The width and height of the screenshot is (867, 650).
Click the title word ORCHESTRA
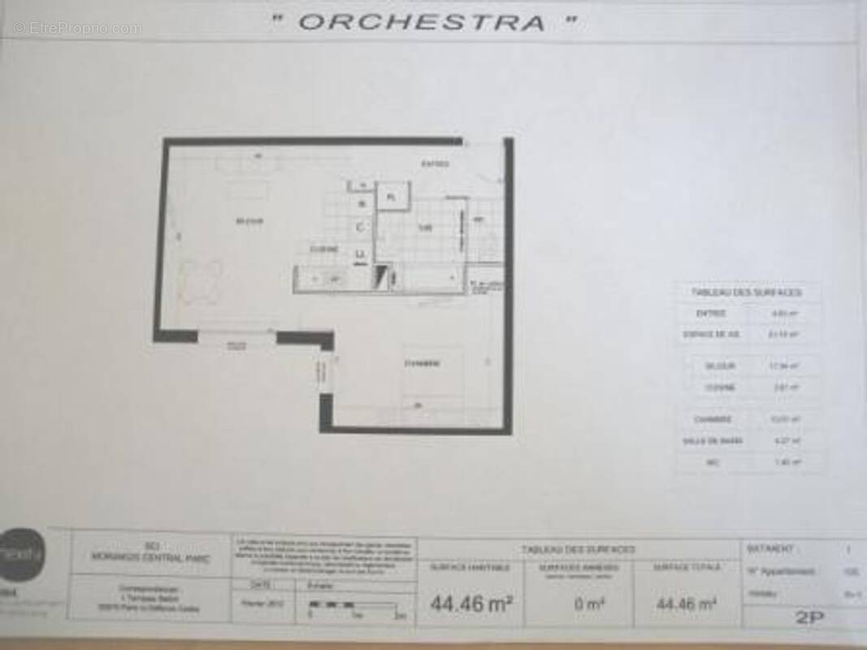point(422,22)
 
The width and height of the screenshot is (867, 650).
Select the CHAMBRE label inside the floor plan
point(422,364)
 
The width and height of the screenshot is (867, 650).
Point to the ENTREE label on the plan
point(435,164)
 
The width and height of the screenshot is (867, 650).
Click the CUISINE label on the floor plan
point(323,249)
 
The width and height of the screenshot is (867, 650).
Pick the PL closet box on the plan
point(391,197)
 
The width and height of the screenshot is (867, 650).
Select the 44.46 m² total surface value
point(686,604)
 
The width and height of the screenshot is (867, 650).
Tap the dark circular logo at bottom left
point(22,555)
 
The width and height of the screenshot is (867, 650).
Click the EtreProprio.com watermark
point(77,28)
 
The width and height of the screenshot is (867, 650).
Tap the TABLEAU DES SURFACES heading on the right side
point(746,292)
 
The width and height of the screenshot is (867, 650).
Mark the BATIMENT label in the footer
point(771,550)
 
